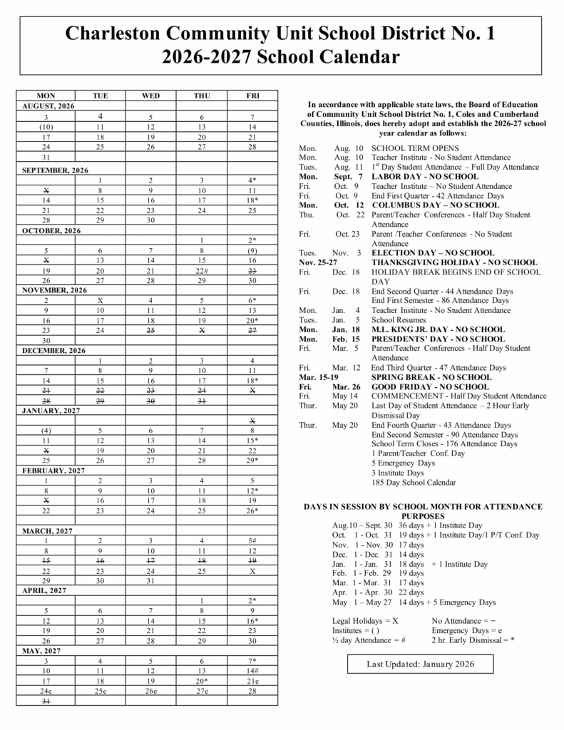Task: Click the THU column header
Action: (202, 96)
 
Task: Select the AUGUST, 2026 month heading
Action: (48, 106)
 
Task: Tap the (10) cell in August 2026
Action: (46, 126)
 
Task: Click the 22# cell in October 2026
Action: (202, 271)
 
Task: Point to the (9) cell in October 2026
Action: (252, 250)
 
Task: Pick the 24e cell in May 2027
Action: (46, 691)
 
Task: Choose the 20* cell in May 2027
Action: (202, 681)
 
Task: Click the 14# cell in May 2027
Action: (252, 671)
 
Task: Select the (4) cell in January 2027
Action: (46, 430)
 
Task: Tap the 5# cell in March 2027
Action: (252, 541)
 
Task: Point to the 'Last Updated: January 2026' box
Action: (419, 664)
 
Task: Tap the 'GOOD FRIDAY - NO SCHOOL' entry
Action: (430, 386)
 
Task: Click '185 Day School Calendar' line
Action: (414, 483)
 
